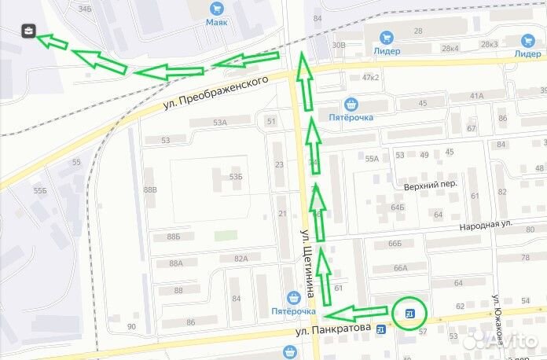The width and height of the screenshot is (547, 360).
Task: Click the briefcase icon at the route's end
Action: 28,31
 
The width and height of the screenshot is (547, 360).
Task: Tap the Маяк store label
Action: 216,22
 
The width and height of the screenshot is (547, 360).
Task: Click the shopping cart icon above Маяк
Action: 216,8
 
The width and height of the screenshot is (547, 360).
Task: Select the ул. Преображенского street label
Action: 223,90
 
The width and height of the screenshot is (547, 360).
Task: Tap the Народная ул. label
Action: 486,224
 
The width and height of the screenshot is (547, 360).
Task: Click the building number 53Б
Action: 236,178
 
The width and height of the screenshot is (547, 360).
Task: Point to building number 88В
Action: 150,190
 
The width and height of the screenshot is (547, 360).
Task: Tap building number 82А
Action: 240,258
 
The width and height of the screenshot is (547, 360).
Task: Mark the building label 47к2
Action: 370,77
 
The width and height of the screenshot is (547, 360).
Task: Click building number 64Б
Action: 397,208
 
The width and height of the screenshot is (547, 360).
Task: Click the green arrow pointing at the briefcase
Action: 53,42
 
